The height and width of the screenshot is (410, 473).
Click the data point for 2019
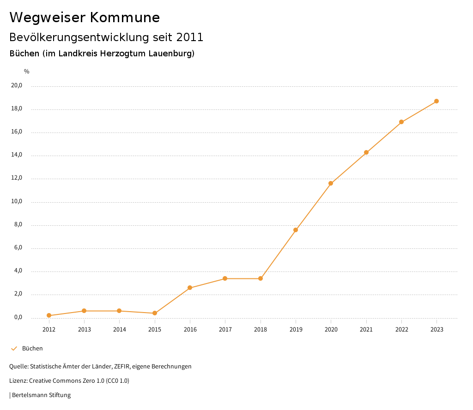296,230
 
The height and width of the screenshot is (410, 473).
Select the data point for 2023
437,101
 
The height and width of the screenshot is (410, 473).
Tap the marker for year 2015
155,313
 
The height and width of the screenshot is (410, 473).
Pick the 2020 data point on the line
331,183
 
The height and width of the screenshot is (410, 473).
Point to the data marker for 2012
49,315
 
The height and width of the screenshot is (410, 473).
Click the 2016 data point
190,288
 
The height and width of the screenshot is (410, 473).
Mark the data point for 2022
401,122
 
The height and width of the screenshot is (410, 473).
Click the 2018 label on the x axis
261,329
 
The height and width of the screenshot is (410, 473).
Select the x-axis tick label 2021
366,329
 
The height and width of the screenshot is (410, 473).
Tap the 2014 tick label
119,329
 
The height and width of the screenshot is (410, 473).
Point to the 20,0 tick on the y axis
17,85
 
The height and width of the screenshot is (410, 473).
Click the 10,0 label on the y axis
17,201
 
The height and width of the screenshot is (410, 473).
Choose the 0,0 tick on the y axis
18,317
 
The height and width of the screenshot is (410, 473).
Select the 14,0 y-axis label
17,155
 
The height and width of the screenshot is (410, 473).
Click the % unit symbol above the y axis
27,72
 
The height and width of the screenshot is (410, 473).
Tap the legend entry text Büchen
32,349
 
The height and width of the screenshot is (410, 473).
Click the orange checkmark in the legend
14,349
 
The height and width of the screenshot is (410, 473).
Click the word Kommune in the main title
125,18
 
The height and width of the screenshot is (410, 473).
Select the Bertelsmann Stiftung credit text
41,395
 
